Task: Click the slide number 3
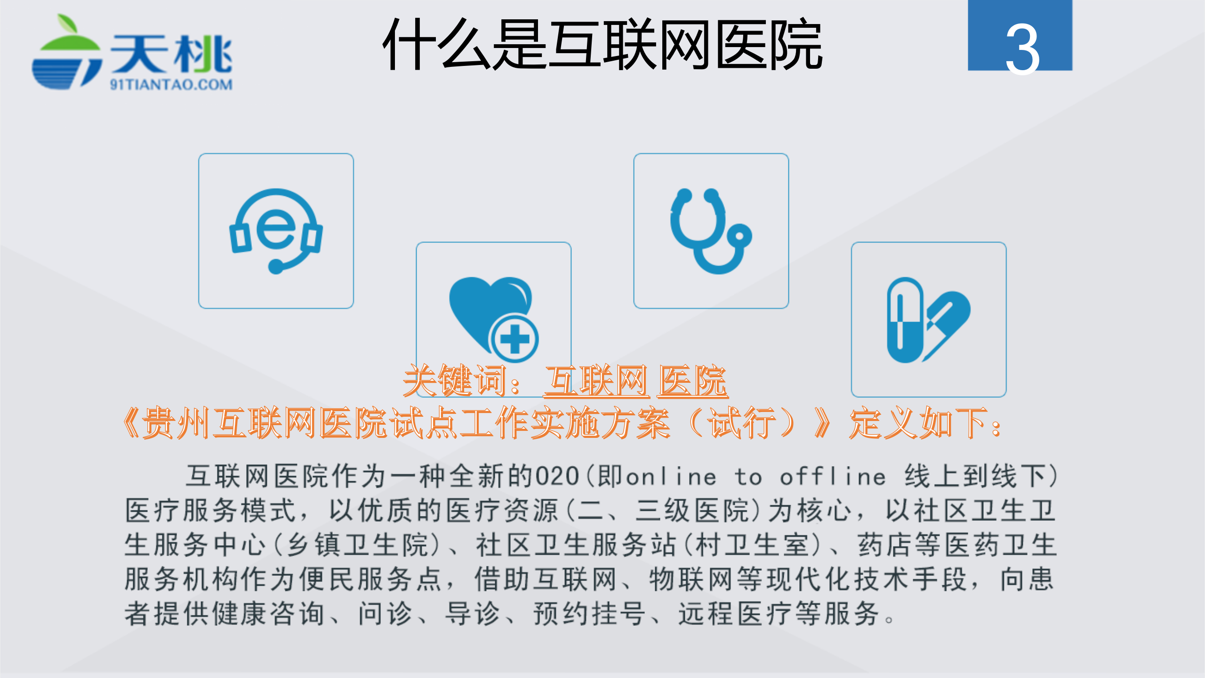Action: coord(1022,49)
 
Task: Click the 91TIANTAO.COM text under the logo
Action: coord(171,85)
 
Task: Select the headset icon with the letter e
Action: coord(276,231)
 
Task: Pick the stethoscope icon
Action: coord(711,231)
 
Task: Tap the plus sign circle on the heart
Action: coord(514,339)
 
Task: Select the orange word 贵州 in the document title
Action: coord(177,423)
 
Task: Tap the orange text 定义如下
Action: coord(918,423)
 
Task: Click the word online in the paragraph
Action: coord(671,476)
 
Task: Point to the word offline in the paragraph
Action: coord(833,476)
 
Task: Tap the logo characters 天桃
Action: coord(171,54)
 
